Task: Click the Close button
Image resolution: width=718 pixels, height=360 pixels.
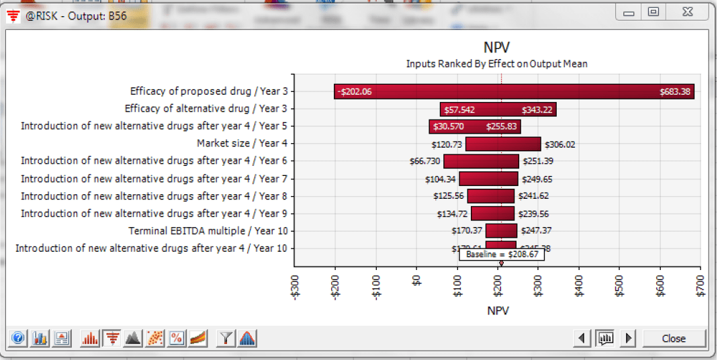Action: click(x=674, y=339)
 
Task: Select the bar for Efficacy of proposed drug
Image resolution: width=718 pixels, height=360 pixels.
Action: click(x=514, y=91)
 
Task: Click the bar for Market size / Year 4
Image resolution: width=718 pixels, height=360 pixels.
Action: click(x=503, y=144)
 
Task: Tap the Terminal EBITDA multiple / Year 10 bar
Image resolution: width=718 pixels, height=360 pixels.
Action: click(x=501, y=231)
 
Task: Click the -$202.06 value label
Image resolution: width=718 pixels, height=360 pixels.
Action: click(x=355, y=91)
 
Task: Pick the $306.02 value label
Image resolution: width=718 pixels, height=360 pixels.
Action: click(x=559, y=144)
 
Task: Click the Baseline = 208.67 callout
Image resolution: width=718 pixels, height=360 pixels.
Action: click(x=501, y=255)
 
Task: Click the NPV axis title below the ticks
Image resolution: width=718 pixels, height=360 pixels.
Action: click(x=498, y=310)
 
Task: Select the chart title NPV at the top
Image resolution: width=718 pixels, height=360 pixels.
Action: click(x=497, y=48)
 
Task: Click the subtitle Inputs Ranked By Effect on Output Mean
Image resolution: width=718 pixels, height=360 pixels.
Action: click(x=497, y=64)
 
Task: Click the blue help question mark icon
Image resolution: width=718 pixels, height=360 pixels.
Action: click(x=19, y=339)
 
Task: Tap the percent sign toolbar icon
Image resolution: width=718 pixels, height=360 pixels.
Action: click(x=177, y=339)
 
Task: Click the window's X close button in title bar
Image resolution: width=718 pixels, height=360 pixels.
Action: click(x=685, y=12)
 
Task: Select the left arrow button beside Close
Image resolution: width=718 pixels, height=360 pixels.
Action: click(x=582, y=339)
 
